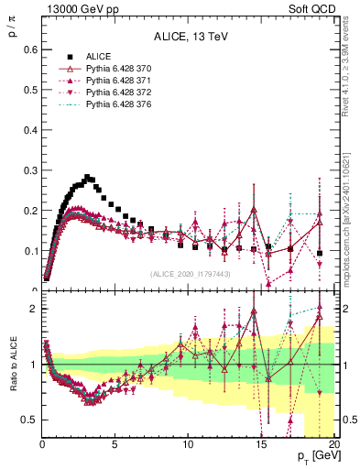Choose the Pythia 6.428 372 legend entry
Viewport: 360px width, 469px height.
109,93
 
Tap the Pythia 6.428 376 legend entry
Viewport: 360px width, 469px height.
109,105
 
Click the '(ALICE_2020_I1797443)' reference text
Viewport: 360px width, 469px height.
188,274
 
